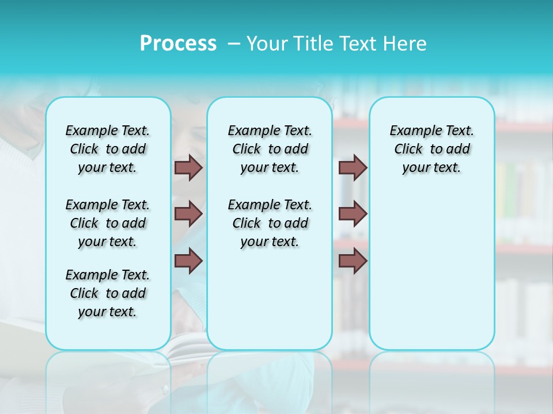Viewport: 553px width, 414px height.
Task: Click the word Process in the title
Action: tap(178, 44)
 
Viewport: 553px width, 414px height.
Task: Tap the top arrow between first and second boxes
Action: tap(188, 167)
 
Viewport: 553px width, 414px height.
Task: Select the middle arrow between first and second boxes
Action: tap(188, 214)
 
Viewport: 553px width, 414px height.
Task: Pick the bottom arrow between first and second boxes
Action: tap(188, 260)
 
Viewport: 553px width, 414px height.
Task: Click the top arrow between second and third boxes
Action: tap(353, 167)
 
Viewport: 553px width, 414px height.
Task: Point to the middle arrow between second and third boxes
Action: tap(353, 214)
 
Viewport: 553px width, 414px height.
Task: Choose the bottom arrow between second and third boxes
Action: tap(353, 260)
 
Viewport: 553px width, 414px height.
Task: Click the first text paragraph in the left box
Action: tap(108, 149)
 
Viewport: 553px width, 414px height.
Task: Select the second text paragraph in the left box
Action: tap(108, 223)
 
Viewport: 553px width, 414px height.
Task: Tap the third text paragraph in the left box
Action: tap(108, 293)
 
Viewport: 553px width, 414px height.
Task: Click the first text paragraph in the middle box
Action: tap(270, 149)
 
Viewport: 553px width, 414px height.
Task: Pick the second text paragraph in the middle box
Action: tap(270, 223)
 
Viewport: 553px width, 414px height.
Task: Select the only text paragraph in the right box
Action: tap(431, 149)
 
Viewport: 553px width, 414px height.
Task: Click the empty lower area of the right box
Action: tap(431, 276)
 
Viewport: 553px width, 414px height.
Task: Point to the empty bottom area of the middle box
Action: tap(270, 305)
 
